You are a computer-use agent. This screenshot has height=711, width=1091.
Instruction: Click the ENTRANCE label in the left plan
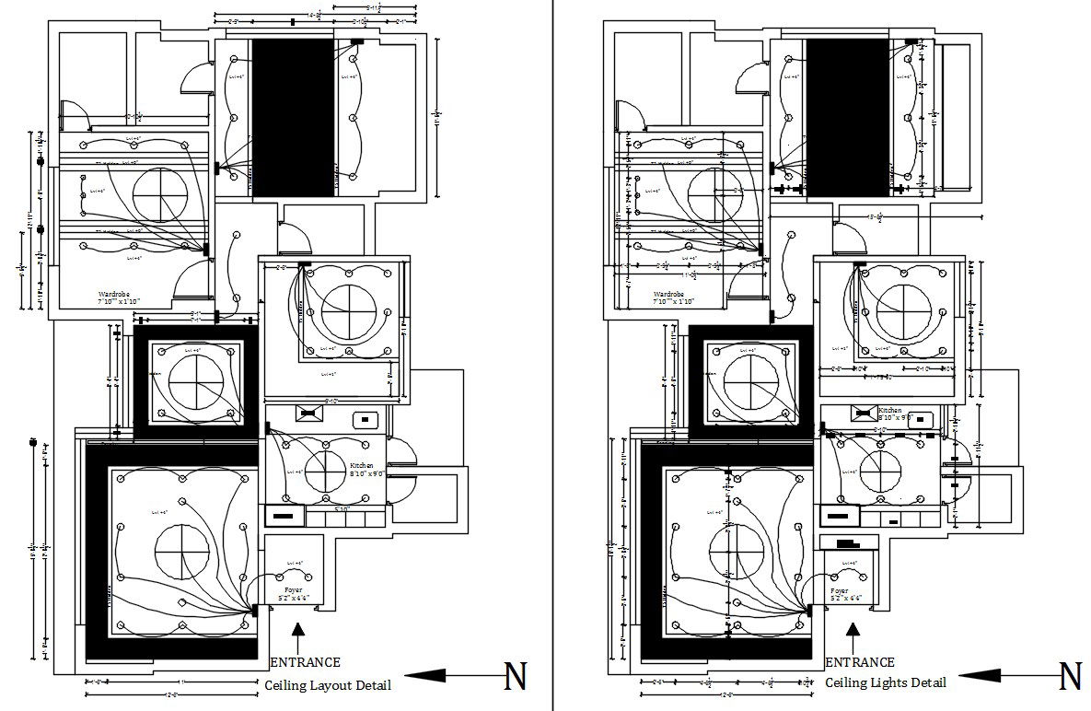coord(306,662)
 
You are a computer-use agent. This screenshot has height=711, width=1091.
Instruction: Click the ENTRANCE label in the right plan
coord(860,662)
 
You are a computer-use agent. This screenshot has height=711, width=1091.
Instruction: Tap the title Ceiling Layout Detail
coord(328,685)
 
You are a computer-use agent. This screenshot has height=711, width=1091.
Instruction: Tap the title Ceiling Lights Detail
coord(885,682)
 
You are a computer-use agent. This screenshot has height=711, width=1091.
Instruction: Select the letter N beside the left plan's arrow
coord(516,677)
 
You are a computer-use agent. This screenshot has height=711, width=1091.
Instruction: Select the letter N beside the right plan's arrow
coord(1070,677)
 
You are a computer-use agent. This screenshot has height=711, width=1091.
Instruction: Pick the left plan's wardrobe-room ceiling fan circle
coord(158,195)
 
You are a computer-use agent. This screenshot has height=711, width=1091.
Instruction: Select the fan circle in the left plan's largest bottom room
coord(181,552)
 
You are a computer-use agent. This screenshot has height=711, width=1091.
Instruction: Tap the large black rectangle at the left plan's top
coord(293,117)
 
